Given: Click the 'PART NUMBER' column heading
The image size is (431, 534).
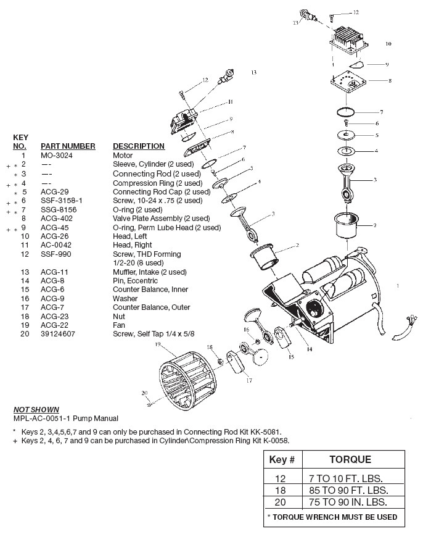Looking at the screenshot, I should click(x=68, y=146).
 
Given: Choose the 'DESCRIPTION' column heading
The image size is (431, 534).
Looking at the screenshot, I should click(x=138, y=146).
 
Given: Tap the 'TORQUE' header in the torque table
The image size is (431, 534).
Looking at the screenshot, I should click(x=350, y=460).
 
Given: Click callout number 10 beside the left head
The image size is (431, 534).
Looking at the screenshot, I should click(x=388, y=44).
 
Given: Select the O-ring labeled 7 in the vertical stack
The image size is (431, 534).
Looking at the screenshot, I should click(x=349, y=112).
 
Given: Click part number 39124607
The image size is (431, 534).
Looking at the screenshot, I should click(x=57, y=334).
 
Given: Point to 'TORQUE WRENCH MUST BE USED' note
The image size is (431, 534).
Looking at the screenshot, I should click(x=332, y=517).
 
